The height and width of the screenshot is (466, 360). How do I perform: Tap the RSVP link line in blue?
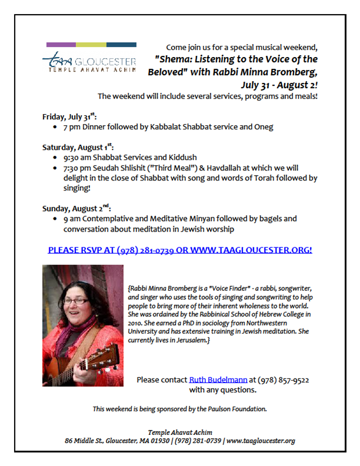click(x=180, y=249)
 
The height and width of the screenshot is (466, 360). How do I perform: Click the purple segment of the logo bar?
click(x=61, y=45)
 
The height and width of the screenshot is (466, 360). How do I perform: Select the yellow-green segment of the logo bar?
click(x=91, y=45)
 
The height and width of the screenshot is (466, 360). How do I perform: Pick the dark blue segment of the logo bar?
click(x=121, y=45)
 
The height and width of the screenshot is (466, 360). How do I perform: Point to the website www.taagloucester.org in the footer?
click(x=261, y=441)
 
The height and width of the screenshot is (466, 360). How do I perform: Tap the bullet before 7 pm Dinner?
click(x=55, y=127)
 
